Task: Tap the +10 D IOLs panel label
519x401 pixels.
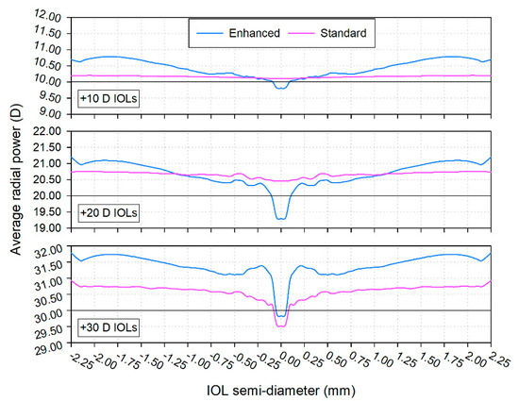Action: tap(108, 99)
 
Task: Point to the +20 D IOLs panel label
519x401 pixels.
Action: tap(108, 213)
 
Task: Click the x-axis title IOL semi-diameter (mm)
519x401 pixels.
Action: tap(280, 388)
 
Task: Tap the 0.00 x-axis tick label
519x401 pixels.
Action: tap(278, 363)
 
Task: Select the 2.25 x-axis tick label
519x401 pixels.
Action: tap(487, 363)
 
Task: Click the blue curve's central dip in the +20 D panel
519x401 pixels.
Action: tap(280, 219)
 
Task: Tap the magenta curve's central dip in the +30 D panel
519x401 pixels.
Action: tap(280, 326)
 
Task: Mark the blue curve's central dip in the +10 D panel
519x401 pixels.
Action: tap(280, 88)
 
